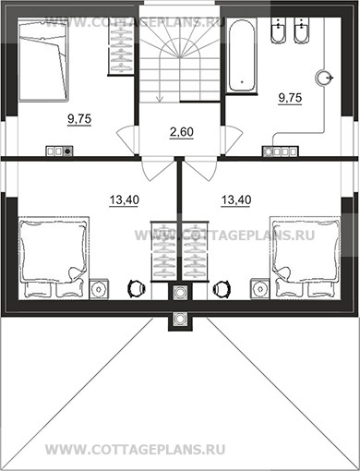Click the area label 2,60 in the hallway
click(182, 132)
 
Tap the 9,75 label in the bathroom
click(290, 98)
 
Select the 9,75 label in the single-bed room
click(79, 118)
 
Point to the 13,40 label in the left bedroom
click(125, 200)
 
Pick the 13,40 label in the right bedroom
click(236, 200)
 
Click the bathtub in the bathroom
click(242, 55)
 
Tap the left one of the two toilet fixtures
click(278, 30)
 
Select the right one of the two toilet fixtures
click(301, 30)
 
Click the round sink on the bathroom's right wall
click(324, 78)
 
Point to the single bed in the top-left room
click(42, 60)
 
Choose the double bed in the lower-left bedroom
click(54, 258)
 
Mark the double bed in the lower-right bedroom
click(306, 258)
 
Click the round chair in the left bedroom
click(137, 288)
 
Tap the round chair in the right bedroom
click(222, 288)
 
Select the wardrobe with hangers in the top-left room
click(121, 46)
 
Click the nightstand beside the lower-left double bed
click(99, 289)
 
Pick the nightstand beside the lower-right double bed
click(260, 289)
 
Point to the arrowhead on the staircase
click(160, 99)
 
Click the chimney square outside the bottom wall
click(180, 319)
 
